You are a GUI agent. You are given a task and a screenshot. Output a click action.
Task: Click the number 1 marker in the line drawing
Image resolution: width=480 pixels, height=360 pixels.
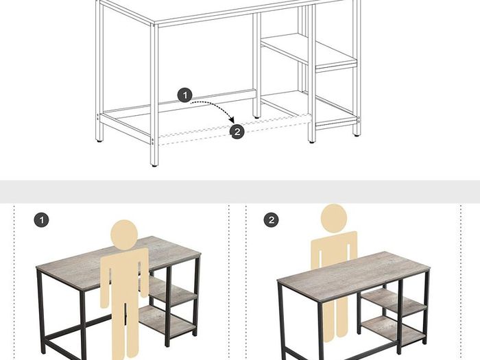click(185, 95)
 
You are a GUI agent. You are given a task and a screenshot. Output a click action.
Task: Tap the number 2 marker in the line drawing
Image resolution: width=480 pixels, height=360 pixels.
click(237, 132)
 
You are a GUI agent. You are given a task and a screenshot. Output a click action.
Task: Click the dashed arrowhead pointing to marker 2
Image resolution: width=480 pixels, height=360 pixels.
click(232, 120)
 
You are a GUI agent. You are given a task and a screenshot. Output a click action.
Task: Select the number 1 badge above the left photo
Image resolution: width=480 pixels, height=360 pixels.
click(41, 220)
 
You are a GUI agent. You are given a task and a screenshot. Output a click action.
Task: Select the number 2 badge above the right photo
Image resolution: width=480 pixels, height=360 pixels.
click(272, 220)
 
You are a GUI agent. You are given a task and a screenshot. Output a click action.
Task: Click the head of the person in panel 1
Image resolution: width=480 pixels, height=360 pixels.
click(124, 234)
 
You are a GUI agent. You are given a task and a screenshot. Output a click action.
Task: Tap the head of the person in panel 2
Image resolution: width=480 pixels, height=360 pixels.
click(334, 218)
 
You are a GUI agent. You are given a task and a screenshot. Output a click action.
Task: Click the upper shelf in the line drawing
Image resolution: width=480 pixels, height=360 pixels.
click(309, 51)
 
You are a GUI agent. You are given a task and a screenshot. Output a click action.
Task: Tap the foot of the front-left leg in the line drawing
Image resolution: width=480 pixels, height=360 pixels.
click(154, 165)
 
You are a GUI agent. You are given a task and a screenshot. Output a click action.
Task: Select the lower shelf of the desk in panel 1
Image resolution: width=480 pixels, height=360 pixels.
click(167, 320)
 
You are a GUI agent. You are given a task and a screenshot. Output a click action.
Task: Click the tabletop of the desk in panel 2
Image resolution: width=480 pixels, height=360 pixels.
click(353, 274)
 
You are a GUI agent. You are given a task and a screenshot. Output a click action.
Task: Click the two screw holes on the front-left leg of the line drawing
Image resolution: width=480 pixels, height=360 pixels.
click(152, 141)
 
